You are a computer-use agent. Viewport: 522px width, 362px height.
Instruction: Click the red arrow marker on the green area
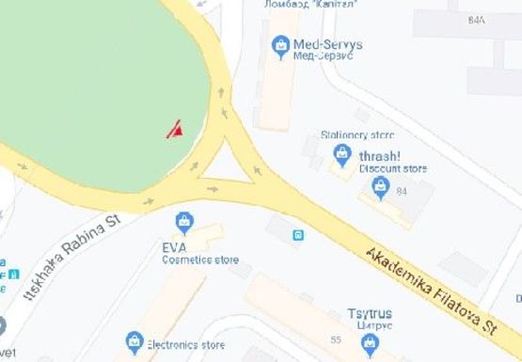[x=175, y=130]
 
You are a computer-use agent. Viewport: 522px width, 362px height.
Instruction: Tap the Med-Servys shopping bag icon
[x=279, y=44]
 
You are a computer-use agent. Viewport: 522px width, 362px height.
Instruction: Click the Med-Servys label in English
[x=327, y=43]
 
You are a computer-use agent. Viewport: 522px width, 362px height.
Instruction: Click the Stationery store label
[x=357, y=134]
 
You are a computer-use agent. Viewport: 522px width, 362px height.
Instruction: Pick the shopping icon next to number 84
[x=381, y=190]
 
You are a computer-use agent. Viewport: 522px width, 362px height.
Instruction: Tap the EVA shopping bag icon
[x=185, y=223]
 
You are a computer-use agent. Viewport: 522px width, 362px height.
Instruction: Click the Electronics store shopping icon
[x=134, y=340]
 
